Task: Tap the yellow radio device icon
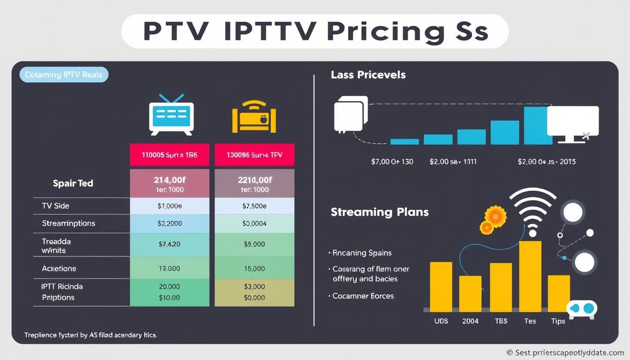[x=254, y=117]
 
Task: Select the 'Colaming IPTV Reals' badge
[x=64, y=75]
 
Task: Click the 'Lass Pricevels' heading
[x=368, y=75]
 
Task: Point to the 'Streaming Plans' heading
[x=379, y=212]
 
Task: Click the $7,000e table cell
[x=170, y=206]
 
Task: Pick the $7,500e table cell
[x=254, y=206]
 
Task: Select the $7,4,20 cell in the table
[x=170, y=244]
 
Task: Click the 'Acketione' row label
[x=59, y=269]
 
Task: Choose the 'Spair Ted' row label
[x=73, y=183]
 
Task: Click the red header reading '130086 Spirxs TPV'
[x=254, y=155]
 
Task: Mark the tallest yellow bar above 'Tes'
[x=530, y=276]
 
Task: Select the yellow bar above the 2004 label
[x=470, y=293]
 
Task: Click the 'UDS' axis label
[x=441, y=321]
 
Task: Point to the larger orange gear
[x=495, y=216]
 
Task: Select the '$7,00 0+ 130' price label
[x=392, y=162]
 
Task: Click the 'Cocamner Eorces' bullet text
[x=363, y=296]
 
